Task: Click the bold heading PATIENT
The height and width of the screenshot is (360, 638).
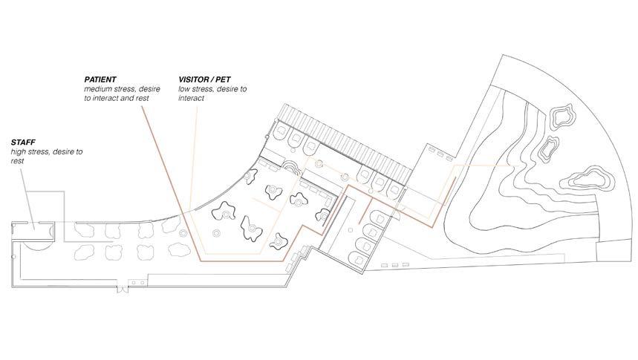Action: (100, 79)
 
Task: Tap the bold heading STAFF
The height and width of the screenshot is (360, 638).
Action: (23, 141)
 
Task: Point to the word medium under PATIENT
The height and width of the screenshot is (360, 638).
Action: (98, 88)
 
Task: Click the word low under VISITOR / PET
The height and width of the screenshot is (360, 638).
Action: (184, 88)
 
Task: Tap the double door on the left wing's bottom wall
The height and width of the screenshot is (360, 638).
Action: (133, 282)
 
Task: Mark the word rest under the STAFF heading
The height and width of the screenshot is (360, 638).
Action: (18, 160)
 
